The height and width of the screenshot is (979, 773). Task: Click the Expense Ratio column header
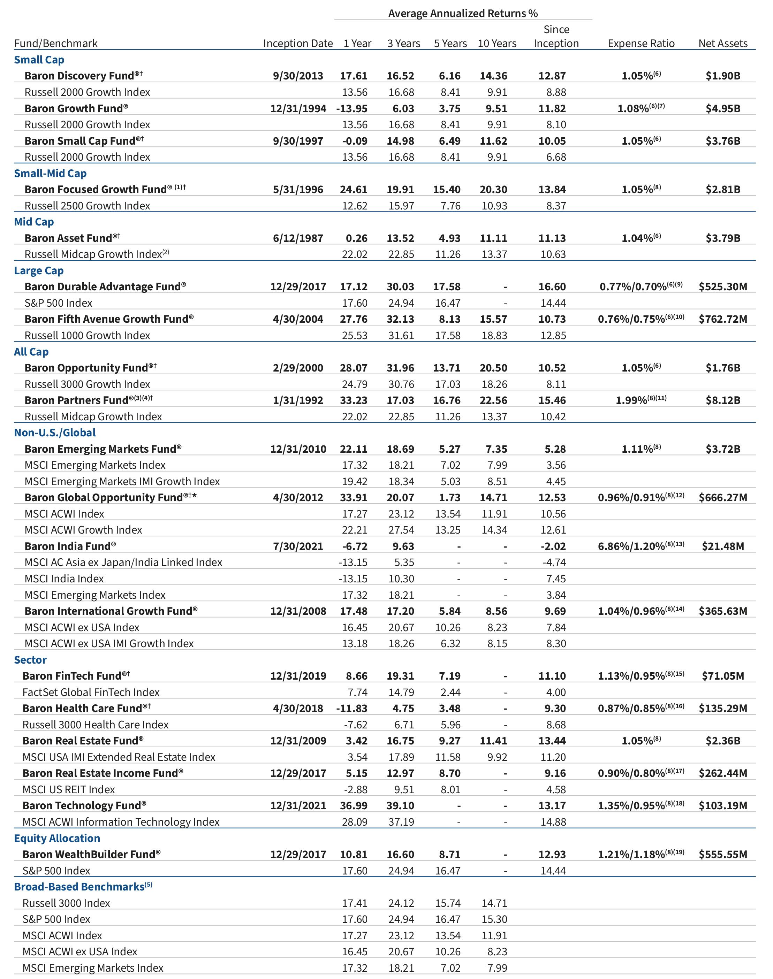point(641,44)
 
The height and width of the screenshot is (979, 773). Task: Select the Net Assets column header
point(723,44)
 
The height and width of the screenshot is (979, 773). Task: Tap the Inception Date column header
point(298,44)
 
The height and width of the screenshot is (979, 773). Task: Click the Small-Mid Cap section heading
point(50,173)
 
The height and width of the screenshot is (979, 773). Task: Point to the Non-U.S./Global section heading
point(55,433)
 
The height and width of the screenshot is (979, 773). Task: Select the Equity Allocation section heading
point(57,838)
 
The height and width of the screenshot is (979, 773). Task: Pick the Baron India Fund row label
point(70,546)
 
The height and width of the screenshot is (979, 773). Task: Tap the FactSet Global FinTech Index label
point(91,692)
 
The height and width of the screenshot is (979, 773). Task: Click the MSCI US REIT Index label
point(69,789)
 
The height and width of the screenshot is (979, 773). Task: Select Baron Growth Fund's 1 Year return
point(352,109)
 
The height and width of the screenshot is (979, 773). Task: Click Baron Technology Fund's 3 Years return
point(401,806)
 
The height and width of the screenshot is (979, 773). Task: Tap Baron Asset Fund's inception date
point(298,238)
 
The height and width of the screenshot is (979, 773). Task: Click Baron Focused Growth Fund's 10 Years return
point(493,190)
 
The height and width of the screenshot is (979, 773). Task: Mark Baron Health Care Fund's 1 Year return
point(352,709)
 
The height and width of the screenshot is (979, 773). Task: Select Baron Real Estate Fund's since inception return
point(552,741)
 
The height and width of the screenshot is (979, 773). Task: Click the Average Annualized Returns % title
point(463,14)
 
